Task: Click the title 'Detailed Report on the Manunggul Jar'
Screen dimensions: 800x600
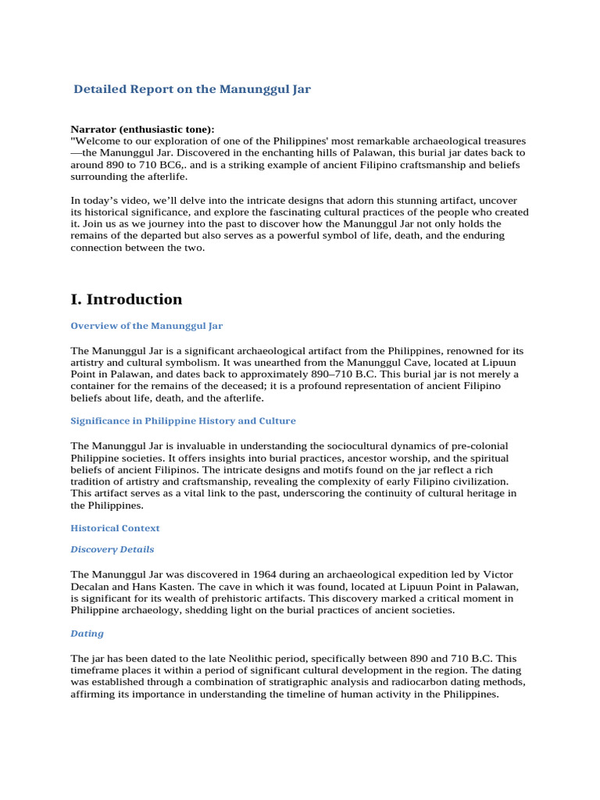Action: click(192, 89)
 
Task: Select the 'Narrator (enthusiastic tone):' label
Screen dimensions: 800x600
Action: click(142, 129)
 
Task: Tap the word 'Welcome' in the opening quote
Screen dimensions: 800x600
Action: click(98, 141)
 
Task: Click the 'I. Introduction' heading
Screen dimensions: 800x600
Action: click(127, 299)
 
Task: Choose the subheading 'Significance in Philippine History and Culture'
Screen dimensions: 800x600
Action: click(184, 420)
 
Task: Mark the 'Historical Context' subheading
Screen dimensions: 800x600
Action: click(114, 528)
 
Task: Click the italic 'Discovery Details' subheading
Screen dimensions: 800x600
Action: click(112, 549)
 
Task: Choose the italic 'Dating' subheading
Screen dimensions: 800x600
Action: click(87, 634)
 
